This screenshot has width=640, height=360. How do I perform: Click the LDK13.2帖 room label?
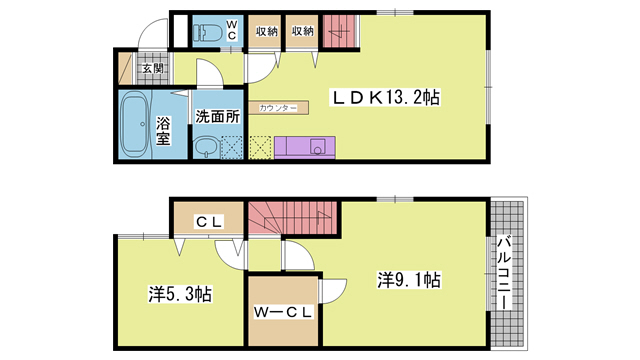click(387, 98)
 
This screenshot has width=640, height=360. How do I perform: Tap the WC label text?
click(231, 29)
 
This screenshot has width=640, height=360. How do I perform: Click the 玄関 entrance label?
click(151, 69)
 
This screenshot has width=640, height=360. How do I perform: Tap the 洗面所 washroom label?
click(217, 115)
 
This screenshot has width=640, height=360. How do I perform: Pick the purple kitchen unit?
click(305, 147)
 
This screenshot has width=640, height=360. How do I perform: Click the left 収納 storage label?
click(265, 31)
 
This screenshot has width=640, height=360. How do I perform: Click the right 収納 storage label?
click(302, 31)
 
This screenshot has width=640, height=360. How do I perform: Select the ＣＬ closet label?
click(208, 220)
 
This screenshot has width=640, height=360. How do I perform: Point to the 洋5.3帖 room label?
click(180, 295)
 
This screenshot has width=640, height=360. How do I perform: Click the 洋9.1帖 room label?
click(409, 279)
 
